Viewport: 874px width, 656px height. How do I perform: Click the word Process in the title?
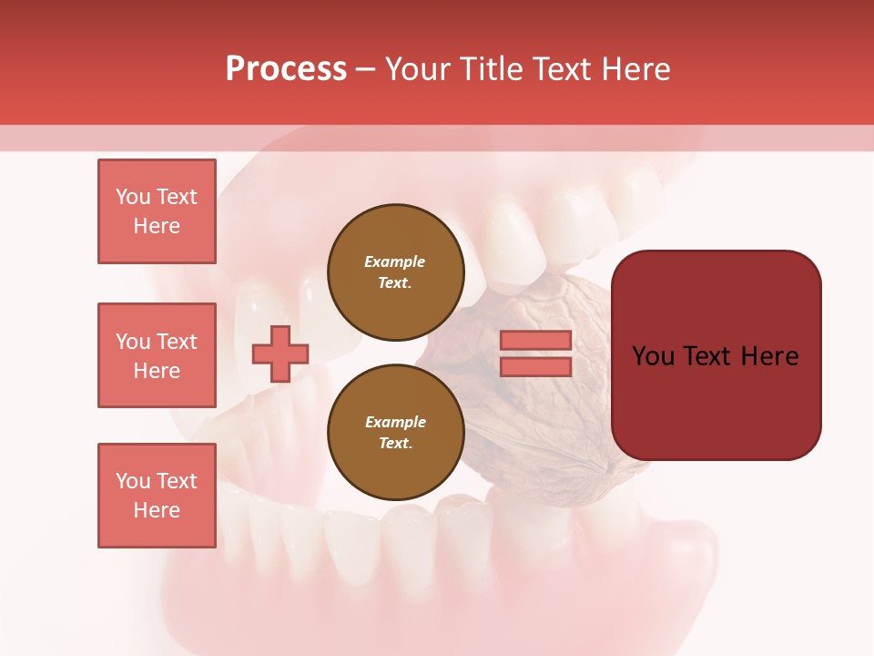tap(286, 69)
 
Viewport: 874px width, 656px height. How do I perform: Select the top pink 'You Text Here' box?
tap(157, 211)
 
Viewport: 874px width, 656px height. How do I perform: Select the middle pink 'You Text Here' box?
tap(157, 355)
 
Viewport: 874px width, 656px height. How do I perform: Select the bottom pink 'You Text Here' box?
tap(157, 496)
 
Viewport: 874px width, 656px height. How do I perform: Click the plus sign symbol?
tap(280, 354)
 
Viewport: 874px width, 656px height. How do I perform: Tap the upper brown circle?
tap(395, 272)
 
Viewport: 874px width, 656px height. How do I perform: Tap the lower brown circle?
tap(395, 432)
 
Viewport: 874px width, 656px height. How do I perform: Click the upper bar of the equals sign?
tap(535, 340)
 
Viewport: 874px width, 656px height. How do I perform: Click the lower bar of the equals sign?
tap(535, 366)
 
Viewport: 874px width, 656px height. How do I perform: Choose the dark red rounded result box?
tap(716, 355)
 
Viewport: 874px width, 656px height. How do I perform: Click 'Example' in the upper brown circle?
tap(395, 261)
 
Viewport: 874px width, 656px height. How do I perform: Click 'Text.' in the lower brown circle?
tap(395, 443)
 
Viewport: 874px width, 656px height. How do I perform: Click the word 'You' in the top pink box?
tap(131, 197)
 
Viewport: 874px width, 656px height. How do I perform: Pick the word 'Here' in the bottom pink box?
tap(157, 510)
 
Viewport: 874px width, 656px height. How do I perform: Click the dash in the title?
tap(366, 69)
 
